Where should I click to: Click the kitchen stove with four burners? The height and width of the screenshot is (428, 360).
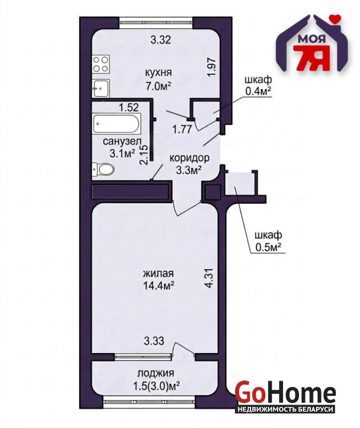click(101, 64)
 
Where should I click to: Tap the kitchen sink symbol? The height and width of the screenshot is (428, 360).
click(101, 88)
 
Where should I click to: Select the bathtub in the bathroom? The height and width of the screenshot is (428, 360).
click(117, 124)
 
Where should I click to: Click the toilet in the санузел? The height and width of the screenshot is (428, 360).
click(102, 169)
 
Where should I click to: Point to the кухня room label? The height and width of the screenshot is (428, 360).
click(158, 73)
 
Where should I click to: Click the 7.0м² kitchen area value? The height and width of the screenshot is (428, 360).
click(158, 86)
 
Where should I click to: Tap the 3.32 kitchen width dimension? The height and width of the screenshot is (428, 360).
click(161, 40)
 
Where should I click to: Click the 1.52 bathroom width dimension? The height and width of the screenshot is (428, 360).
click(129, 108)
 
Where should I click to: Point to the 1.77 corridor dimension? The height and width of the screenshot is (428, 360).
click(182, 128)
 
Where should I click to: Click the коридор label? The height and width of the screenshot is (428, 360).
click(189, 158)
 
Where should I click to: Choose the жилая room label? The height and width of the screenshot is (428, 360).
click(158, 273)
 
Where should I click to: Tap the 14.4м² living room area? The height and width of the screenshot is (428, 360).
click(158, 286)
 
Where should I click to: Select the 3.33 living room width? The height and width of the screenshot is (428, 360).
click(154, 341)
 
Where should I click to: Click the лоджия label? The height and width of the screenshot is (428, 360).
click(156, 373)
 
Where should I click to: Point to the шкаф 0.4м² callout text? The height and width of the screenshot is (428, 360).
click(258, 86)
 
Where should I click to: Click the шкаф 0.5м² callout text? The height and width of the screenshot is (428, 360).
click(269, 241)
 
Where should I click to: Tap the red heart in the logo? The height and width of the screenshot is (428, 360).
click(335, 19)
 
